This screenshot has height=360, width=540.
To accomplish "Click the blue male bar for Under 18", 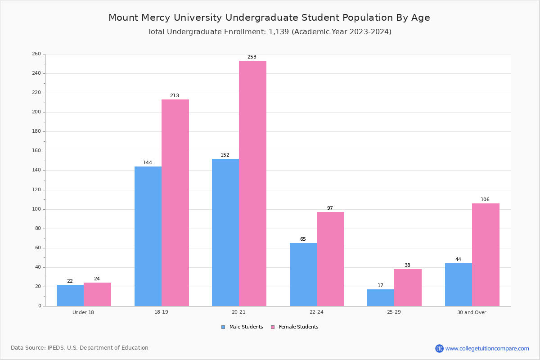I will (70, 295).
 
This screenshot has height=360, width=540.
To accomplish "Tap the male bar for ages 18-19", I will (148, 236).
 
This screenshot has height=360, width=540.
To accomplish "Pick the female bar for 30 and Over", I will (486, 255).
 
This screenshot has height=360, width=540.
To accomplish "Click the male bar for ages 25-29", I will (381, 297).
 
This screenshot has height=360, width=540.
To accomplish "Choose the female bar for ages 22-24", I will (330, 259).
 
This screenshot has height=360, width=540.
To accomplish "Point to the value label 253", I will (252, 57).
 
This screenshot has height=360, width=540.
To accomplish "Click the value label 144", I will (148, 163).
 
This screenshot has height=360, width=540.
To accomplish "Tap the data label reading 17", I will (380, 286).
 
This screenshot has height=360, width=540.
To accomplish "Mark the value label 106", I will (485, 200).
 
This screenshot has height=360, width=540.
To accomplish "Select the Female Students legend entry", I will (295, 327).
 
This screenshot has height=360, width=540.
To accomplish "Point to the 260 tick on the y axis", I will (36, 54).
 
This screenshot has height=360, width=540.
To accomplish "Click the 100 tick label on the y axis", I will (36, 209).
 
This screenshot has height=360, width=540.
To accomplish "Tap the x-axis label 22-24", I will (316, 312).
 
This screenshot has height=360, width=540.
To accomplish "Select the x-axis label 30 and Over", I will (472, 312).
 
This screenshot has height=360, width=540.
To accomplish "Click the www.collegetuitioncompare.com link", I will (487, 348).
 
